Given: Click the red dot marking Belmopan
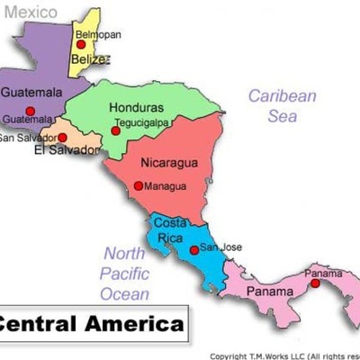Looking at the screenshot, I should click(x=81, y=44).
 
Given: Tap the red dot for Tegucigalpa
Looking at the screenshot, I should click(x=115, y=131).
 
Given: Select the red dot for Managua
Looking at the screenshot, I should click(x=138, y=186).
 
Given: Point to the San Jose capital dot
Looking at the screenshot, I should click(x=193, y=249).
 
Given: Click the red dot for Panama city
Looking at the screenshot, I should click(x=315, y=283).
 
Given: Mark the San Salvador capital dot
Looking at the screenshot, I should click(x=62, y=138).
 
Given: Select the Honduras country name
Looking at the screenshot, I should click(x=137, y=107).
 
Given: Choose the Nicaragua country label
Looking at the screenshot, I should click(x=169, y=164).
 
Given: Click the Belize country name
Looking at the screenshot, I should click(x=90, y=59).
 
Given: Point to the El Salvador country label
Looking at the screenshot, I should click(x=64, y=150).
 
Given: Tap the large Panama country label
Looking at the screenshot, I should click(x=270, y=292).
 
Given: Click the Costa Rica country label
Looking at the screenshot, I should click(x=170, y=229).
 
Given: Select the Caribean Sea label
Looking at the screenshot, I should click(x=283, y=105).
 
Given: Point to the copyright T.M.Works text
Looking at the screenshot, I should click(x=284, y=355).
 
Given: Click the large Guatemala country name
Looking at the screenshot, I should click(x=31, y=92).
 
